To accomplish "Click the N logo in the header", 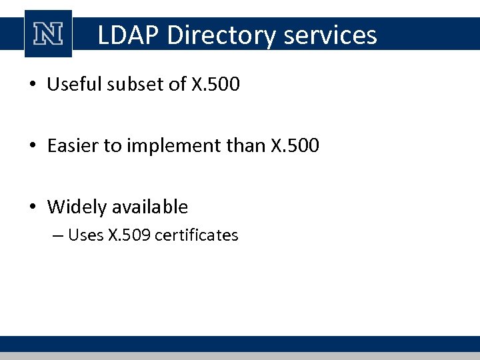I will [48, 34].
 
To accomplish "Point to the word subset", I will [129, 85].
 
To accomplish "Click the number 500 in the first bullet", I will [224, 85].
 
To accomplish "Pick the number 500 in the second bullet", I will [303, 145].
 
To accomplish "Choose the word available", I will [149, 207].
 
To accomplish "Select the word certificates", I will [196, 235].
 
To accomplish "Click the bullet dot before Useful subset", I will [33, 85].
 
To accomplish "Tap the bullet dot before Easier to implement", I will [33, 146].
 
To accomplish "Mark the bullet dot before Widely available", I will [33, 207].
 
